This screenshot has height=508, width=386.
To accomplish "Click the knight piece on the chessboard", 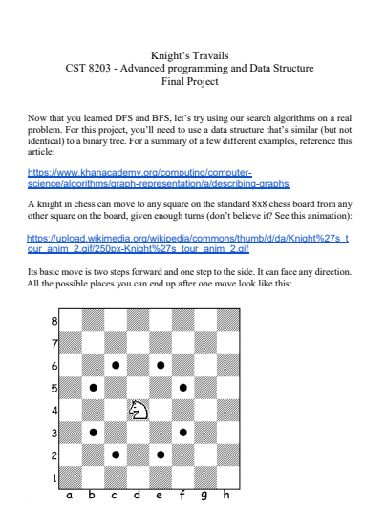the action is click(139, 410).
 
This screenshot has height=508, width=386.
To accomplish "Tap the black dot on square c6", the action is click(116, 365).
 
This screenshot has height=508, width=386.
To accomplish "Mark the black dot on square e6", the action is click(161, 365).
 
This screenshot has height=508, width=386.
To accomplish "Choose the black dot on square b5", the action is click(93, 388).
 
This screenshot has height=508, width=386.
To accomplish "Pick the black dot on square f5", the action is click(182, 388).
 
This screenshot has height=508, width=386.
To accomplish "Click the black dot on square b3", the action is click(93, 432).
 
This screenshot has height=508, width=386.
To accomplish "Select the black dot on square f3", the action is click(182, 432).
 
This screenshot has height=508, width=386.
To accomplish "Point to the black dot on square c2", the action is click(116, 455).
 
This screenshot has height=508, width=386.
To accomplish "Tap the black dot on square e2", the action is click(161, 455).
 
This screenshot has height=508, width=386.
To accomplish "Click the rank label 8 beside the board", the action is click(54, 321).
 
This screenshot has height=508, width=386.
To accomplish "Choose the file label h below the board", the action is click(226, 496).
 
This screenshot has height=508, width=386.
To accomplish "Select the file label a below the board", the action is click(70, 496).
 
